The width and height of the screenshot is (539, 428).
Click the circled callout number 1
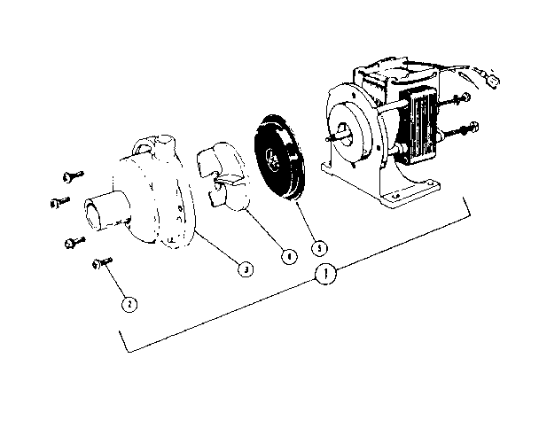pos(327,275)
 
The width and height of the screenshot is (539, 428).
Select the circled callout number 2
pos(129,303)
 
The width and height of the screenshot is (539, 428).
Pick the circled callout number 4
pos(287,257)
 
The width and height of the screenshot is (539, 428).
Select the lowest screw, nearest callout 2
pos(100,262)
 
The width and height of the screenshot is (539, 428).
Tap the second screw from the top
pos(60,202)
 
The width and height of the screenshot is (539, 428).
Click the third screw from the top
pos(73,240)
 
